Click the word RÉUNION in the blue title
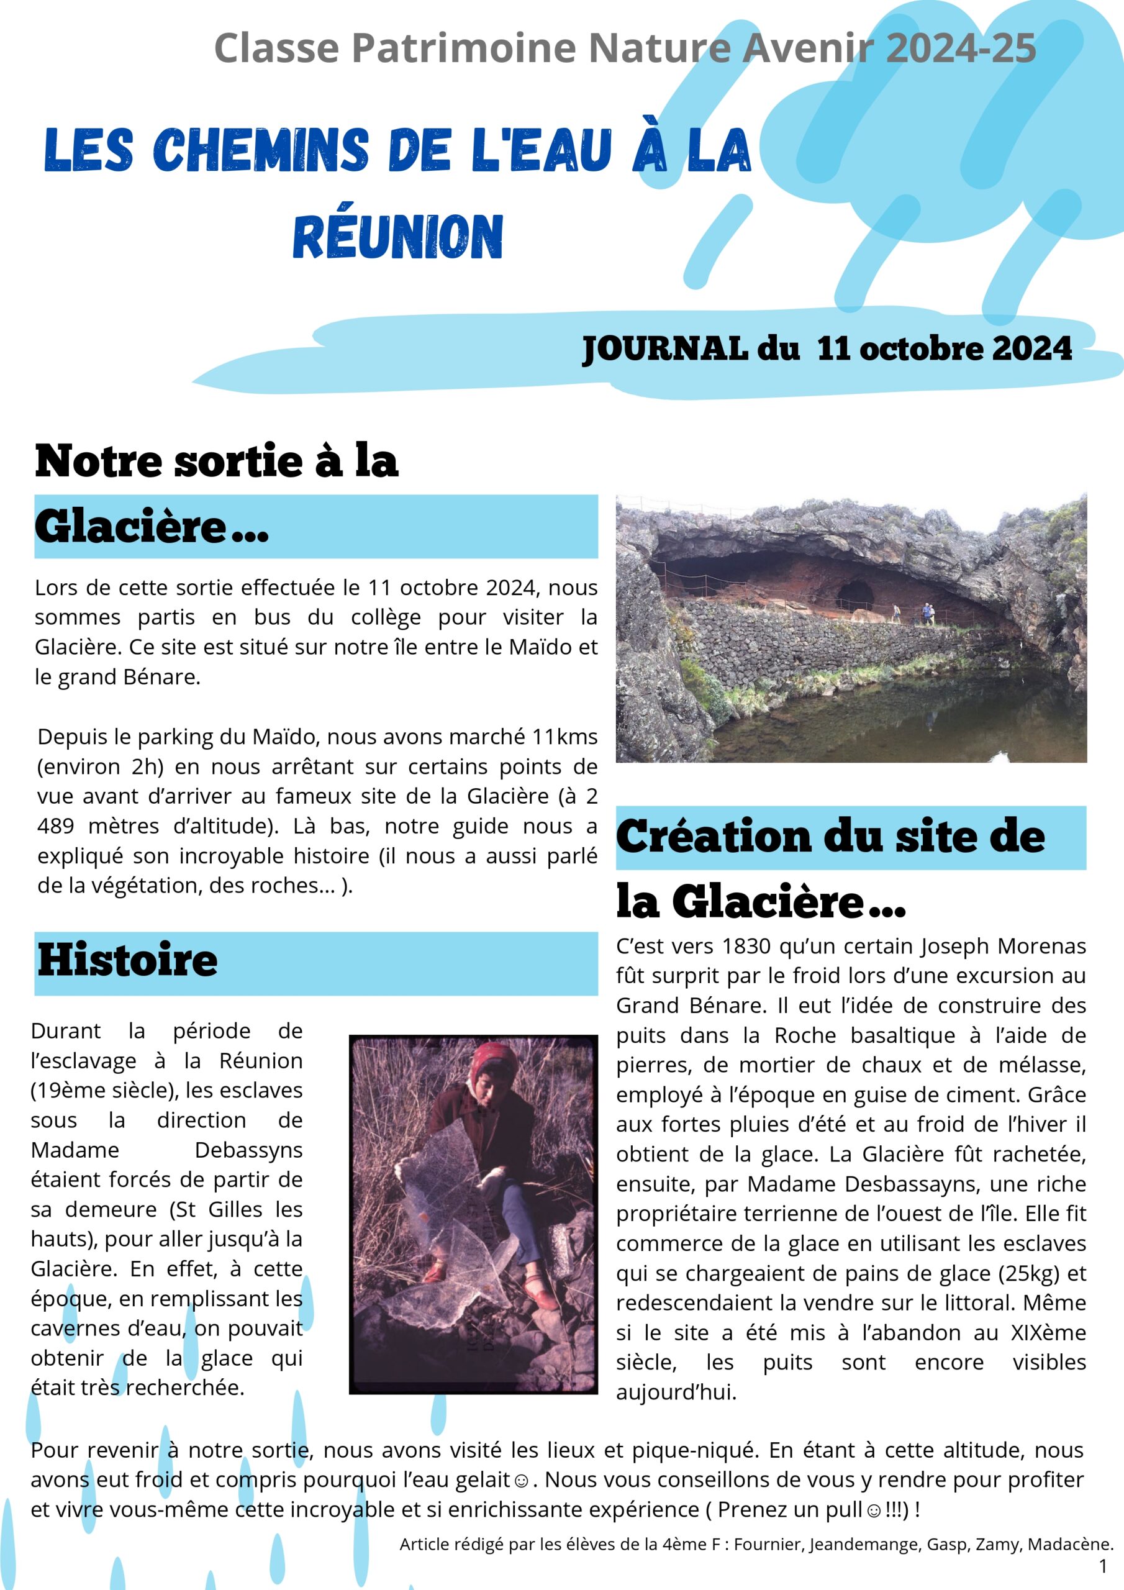pos(398,237)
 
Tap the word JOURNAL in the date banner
pos(665,348)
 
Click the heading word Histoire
pos(127,960)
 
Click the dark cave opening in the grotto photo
pos(856,594)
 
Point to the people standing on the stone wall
pos(927,613)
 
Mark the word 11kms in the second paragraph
pos(564,737)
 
